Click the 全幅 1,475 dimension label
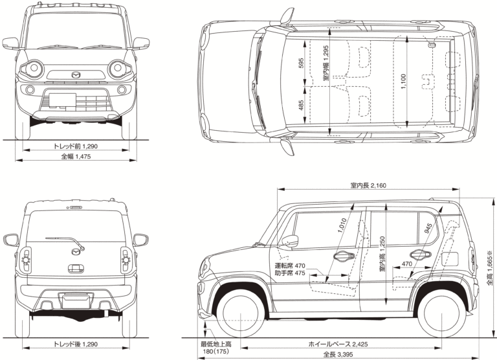click(x=76, y=157)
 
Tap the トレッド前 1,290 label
click(x=76, y=146)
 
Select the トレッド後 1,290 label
click(x=76, y=344)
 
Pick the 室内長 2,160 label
click(x=368, y=186)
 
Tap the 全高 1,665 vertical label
click(x=491, y=270)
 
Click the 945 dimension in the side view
click(x=428, y=229)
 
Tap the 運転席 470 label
click(x=289, y=265)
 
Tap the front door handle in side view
click(x=339, y=256)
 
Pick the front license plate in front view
click(x=63, y=99)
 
